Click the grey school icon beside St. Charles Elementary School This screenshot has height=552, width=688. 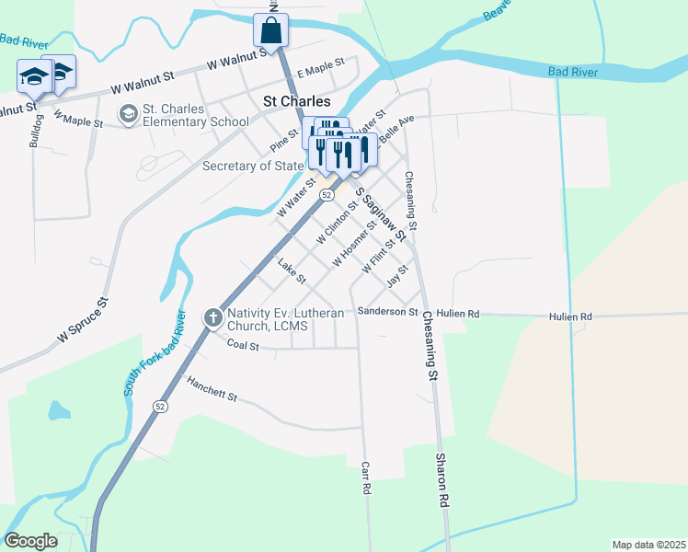click(128, 113)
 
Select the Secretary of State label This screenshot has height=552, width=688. click(252, 166)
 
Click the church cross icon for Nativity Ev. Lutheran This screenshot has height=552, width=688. click(212, 318)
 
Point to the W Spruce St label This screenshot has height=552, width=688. click(83, 320)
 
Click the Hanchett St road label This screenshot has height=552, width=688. click(212, 389)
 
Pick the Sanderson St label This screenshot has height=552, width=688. click(388, 312)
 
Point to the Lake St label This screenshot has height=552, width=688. click(292, 270)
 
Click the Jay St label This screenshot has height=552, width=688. click(396, 274)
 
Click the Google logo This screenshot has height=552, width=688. click(30, 541)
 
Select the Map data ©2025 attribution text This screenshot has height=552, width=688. click(648, 545)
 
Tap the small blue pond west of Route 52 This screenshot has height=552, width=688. click(59, 409)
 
